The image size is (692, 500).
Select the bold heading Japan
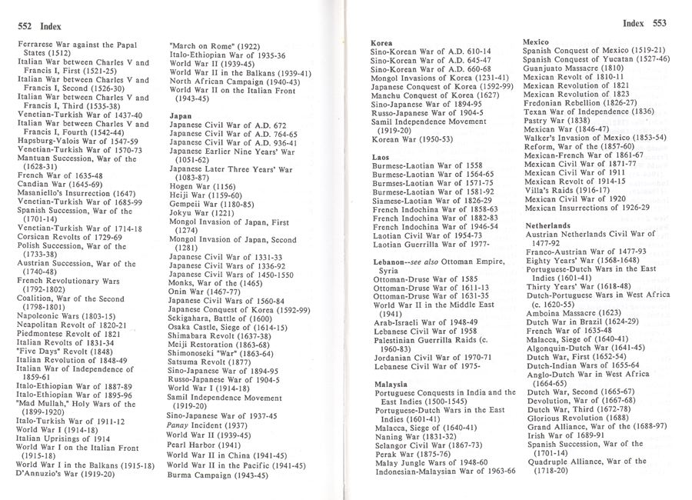[180, 115]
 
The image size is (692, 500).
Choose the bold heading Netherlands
[547, 225]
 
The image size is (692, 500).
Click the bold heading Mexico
[535, 41]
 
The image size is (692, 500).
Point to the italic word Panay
[181, 425]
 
